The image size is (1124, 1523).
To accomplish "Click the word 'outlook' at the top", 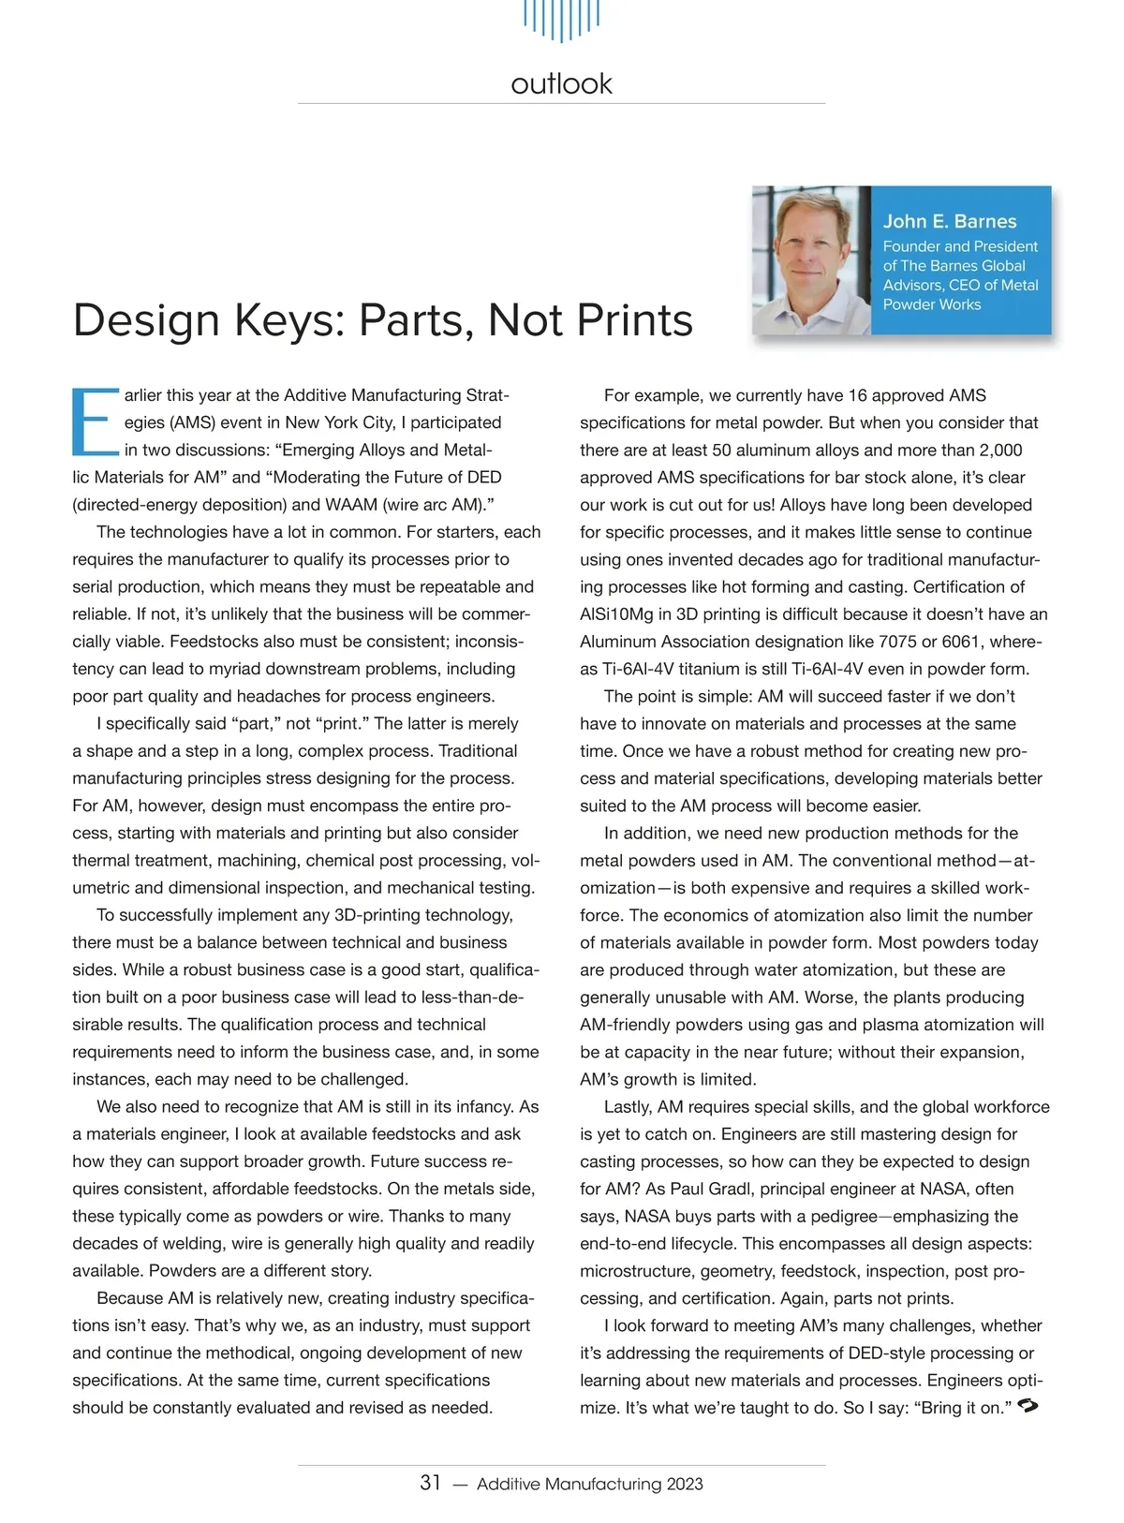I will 561,83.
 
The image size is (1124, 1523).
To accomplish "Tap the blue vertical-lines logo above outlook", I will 561,20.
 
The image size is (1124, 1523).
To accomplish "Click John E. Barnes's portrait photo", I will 811,260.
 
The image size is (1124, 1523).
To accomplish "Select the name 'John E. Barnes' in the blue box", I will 950,221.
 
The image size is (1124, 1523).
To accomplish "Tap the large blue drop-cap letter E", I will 95,421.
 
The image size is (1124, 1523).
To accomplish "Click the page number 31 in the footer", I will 430,1483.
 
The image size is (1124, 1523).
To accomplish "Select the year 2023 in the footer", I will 685,1484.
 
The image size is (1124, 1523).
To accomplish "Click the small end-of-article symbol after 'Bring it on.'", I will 1028,1406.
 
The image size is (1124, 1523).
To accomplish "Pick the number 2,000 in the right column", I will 999,451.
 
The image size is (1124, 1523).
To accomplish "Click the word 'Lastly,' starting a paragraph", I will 629,1106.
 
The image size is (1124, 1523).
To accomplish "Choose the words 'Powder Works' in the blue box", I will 932,304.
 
